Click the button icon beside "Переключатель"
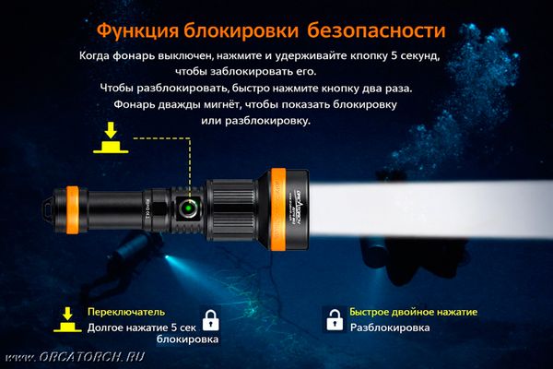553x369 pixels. coord(66,320)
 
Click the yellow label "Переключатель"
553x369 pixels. coord(125,312)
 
